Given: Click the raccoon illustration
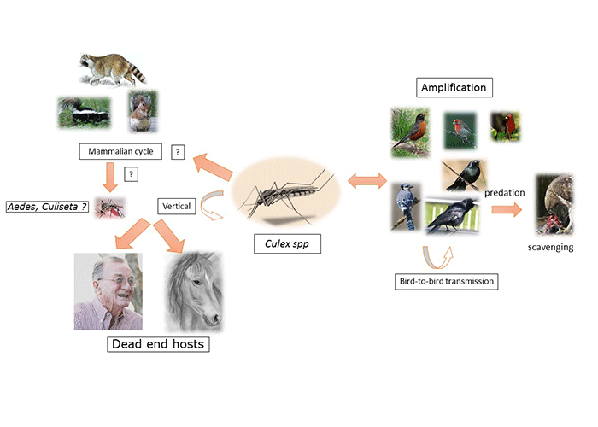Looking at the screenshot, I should [x=111, y=69].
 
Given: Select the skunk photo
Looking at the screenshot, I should [x=84, y=113].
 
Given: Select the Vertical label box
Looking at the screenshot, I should [x=177, y=206].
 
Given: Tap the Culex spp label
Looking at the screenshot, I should [x=281, y=246].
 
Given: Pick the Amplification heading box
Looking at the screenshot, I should [x=454, y=87].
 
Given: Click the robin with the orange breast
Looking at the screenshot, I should [x=409, y=132].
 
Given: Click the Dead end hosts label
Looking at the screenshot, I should [x=157, y=345].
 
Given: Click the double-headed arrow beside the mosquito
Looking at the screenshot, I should [x=367, y=181].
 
